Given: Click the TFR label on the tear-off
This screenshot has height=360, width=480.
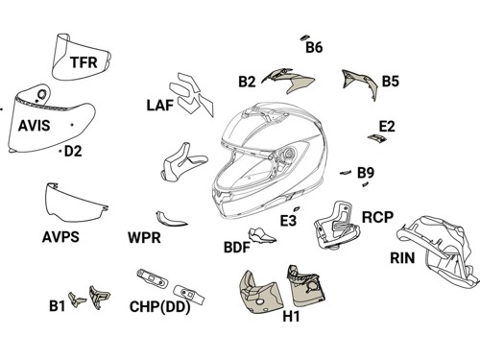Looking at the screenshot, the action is (84, 62).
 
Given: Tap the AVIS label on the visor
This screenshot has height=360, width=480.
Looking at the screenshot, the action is (35, 125).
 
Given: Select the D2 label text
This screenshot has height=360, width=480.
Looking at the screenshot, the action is (73, 151).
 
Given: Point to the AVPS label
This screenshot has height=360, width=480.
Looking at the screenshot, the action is (60, 237).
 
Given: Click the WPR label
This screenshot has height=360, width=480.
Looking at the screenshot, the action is (144, 238).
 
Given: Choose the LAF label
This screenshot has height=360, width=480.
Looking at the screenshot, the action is (160, 106).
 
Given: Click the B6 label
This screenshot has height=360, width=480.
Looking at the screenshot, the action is (314, 47).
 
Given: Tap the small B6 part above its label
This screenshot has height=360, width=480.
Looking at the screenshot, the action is (304, 37).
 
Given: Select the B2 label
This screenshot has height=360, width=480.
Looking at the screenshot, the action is (247, 82).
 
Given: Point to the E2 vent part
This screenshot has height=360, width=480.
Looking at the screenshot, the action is (377, 138).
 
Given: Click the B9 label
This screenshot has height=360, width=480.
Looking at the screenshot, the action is (366, 173).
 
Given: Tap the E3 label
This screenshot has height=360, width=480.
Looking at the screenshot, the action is (288, 221).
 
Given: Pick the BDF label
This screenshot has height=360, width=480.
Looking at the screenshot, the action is (237, 248).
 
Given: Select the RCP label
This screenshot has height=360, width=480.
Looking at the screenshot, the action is (377, 217).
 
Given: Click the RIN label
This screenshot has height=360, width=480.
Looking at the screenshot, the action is (402, 258).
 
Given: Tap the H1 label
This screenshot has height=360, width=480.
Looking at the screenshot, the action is (291, 316).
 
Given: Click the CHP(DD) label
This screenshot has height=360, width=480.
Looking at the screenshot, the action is (160, 307).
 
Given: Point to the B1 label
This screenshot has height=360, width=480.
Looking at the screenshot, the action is (57, 306).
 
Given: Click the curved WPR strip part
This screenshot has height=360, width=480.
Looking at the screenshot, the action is (170, 220).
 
